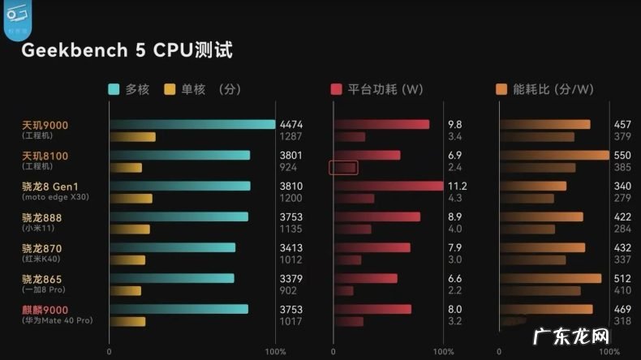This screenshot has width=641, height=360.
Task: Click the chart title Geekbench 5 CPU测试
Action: click(127, 50)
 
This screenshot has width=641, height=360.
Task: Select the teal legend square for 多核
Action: click(114, 90)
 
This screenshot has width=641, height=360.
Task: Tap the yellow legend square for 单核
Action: click(170, 90)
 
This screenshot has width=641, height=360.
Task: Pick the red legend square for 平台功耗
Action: click(337, 90)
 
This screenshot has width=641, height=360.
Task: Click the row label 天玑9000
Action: click(45, 125)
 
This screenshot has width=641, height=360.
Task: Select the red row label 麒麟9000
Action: click(45, 310)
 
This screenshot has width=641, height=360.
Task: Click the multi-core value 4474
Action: click(290, 125)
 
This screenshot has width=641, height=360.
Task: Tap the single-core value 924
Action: click(289, 167)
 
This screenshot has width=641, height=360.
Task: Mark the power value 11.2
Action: click(457, 186)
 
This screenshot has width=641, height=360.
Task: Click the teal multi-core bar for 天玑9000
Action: click(192, 124)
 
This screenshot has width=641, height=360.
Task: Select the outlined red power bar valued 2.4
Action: click(344, 168)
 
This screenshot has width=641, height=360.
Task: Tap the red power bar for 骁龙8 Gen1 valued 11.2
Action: click(388, 186)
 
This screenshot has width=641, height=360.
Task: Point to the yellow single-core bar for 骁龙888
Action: click(130, 229)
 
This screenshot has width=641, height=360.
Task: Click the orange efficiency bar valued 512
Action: click(550, 278)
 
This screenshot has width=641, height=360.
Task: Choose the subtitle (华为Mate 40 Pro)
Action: click(57, 321)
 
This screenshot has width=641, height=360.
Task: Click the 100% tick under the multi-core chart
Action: click(275, 352)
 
